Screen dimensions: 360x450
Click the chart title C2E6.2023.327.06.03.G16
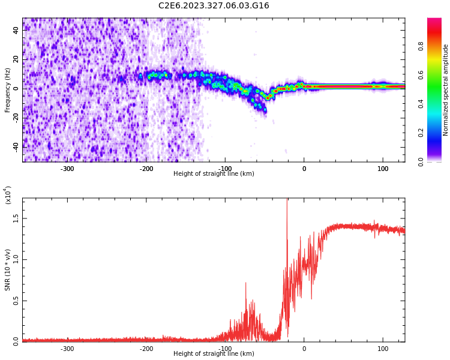(214, 6)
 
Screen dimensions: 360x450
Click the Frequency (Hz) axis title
(8, 90)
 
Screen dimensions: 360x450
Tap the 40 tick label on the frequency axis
(16, 31)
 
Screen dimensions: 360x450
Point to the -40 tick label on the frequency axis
(14, 146)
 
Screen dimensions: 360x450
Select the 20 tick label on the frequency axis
(16, 59)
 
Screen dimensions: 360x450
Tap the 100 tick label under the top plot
(382, 169)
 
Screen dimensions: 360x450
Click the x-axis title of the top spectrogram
(214, 174)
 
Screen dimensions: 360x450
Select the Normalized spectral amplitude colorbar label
(446, 90)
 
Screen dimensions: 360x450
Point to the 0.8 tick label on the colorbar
(437, 46)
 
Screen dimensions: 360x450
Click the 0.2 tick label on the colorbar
(437, 133)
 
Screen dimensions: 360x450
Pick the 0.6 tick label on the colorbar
(437, 74)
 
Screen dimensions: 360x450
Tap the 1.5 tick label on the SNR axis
(16, 218)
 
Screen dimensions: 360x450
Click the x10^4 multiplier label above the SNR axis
(8, 195)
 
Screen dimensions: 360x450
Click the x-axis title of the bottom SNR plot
(214, 354)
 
